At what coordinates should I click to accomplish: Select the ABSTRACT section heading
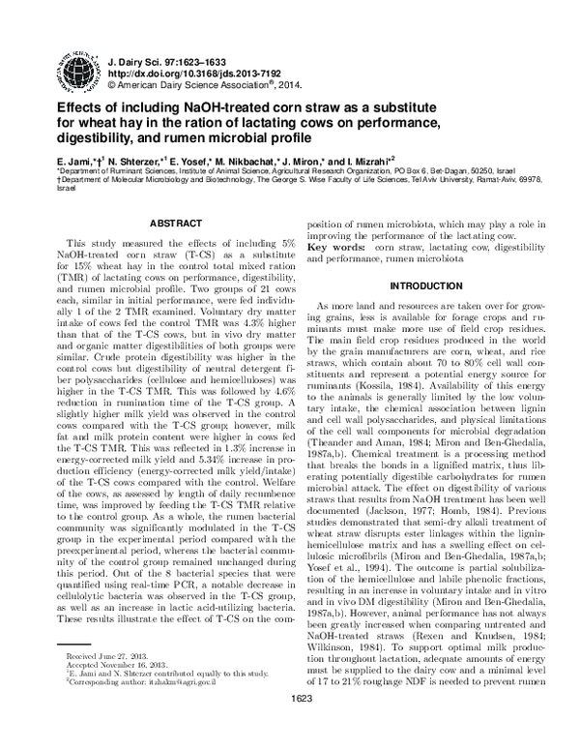[x=166, y=223]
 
